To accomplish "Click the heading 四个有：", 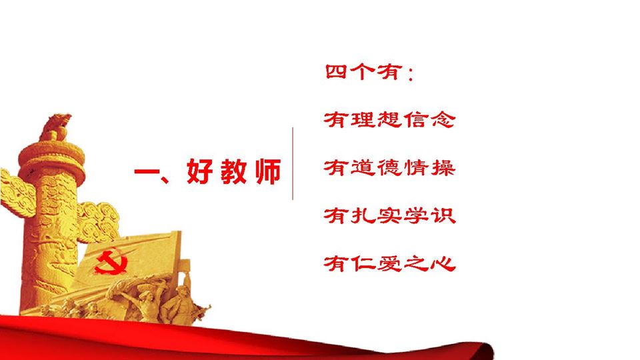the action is [x=369, y=72].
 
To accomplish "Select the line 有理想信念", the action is [x=389, y=120].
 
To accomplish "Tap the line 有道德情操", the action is [x=389, y=168].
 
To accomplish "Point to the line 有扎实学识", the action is [x=389, y=215].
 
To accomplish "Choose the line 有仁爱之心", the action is [x=389, y=263].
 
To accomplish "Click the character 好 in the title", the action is [x=199, y=171].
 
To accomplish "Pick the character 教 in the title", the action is [x=234, y=171].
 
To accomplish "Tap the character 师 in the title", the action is [x=268, y=171].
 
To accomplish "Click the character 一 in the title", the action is [x=147, y=171].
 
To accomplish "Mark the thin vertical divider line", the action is [x=293, y=163].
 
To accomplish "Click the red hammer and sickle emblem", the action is [x=111, y=261].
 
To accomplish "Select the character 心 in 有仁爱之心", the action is [x=443, y=264].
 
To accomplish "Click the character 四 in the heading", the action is [x=336, y=72].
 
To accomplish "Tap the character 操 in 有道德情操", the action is [x=443, y=168].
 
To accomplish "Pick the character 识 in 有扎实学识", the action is [x=443, y=215].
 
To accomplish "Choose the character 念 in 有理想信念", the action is [x=443, y=120].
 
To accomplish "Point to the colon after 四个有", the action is [x=410, y=74].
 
